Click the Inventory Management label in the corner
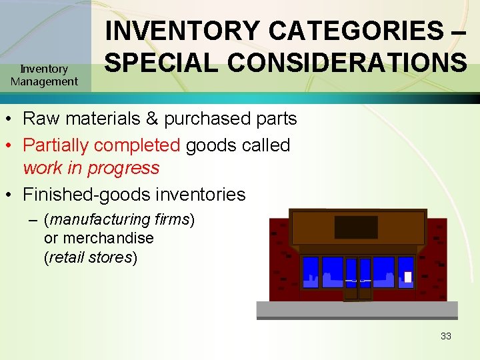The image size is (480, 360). coord(44,75)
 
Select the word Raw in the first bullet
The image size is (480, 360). coord(39,119)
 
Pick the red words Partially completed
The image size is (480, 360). coord(101,145)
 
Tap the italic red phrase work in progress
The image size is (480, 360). coord(91,167)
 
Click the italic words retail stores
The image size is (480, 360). coord(90,257)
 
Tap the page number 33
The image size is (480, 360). coord(445,336)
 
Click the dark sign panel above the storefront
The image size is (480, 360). coord(355,227)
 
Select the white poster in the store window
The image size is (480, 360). coord(408,277)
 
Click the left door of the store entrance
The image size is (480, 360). coord(351,278)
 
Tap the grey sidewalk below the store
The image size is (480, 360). coord(357,310)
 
